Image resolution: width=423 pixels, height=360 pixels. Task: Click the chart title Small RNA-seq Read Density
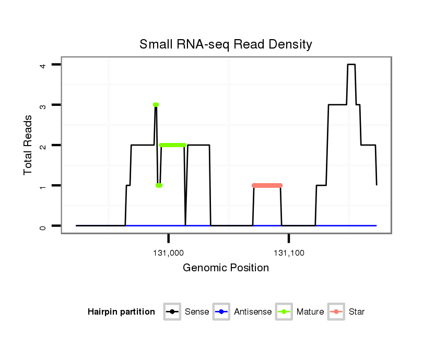tap(226, 44)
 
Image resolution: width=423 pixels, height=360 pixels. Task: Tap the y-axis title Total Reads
tap(28, 145)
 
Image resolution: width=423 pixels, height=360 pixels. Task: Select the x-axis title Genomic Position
tap(226, 268)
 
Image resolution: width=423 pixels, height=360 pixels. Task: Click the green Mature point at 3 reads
tap(156, 105)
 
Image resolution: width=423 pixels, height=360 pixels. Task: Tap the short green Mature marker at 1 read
tap(159, 185)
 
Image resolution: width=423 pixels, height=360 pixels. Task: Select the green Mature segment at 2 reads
tap(172, 145)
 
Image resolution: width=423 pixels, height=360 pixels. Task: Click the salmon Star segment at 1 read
tap(267, 185)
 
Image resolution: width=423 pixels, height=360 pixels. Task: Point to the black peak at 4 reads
tap(351, 65)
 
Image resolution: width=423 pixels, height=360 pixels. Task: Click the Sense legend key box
tap(172, 312)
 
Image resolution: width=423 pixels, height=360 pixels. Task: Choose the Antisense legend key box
tap(221, 312)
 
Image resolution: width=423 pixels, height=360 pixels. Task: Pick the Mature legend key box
tap(284, 312)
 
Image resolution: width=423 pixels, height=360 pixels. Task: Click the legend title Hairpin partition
tap(121, 312)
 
